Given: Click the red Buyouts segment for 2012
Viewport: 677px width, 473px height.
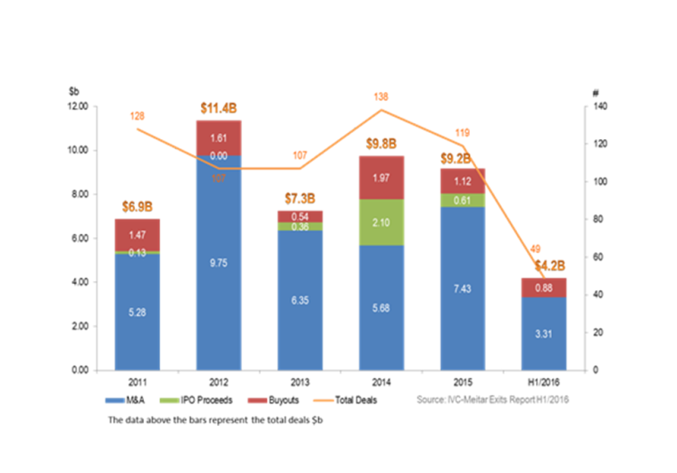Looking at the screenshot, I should pos(218,138).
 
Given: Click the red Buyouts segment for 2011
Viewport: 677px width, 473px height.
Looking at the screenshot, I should pos(137,233).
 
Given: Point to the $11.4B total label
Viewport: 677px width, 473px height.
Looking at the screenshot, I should pos(218,110).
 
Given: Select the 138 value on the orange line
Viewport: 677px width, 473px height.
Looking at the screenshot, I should pos(381,95).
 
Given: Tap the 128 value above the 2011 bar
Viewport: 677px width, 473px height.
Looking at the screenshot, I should pos(137,116).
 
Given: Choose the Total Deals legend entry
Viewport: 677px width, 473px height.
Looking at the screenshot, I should pos(354,400).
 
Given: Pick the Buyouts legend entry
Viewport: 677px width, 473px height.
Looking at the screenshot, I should pos(282,400).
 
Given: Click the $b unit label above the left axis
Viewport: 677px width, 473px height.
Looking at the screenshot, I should pos(72,92).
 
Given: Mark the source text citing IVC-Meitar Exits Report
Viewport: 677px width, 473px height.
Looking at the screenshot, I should pos(492,400).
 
